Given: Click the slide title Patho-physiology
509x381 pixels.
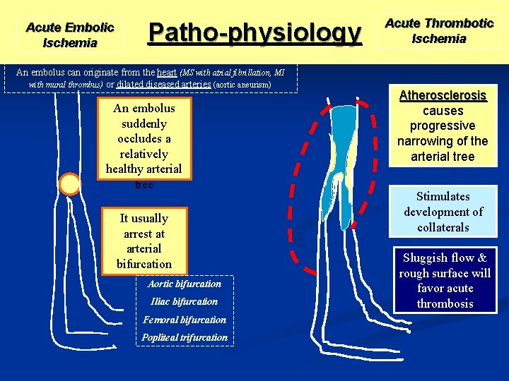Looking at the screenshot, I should [254, 32].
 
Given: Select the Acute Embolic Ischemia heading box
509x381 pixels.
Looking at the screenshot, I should [69, 35].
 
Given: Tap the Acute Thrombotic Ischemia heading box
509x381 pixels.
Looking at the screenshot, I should [439, 31].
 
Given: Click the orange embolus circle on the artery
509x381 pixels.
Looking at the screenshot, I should [70, 184].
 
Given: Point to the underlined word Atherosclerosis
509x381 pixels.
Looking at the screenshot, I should [443, 95].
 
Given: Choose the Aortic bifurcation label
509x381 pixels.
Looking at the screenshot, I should [185, 284].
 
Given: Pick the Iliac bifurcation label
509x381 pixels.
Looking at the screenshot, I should [185, 301].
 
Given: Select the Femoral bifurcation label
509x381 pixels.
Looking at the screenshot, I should [185, 320].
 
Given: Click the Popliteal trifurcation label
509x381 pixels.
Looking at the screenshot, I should [185, 337].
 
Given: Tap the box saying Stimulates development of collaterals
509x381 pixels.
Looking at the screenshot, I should [443, 212].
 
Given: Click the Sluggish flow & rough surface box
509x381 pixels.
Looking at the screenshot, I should [445, 281].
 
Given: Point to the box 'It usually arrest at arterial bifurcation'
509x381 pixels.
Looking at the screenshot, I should [144, 241].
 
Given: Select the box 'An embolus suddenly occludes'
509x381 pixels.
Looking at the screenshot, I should [144, 145].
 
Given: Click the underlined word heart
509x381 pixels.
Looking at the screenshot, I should [168, 72].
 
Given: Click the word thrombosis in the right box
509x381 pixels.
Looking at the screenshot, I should [445, 304].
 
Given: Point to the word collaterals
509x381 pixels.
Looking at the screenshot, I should [443, 227].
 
